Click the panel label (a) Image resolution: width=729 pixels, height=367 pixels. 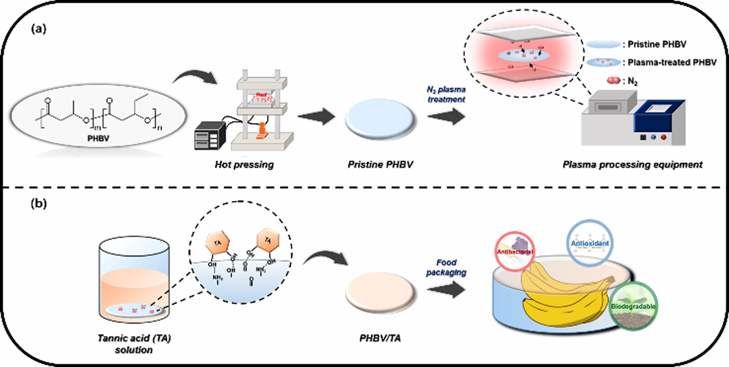(39, 29)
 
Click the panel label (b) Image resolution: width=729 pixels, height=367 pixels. (39, 204)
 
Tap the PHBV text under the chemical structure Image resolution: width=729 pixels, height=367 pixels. (98, 138)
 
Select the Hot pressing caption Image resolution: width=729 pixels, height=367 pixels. (244, 165)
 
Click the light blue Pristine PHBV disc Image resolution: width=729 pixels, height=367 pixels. (380, 119)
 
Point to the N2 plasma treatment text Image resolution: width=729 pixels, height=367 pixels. (446, 94)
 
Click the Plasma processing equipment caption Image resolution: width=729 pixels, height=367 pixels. (632, 165)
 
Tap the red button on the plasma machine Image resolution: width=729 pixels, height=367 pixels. (663, 137)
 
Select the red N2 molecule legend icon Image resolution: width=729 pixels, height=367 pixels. (613, 81)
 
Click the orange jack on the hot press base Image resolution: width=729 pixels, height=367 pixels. (262, 131)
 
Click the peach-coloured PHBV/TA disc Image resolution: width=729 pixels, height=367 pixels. (380, 292)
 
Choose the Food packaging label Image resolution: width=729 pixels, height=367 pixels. (446, 268)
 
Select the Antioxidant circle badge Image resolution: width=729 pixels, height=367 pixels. (590, 243)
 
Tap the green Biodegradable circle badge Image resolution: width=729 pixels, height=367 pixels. (633, 306)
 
